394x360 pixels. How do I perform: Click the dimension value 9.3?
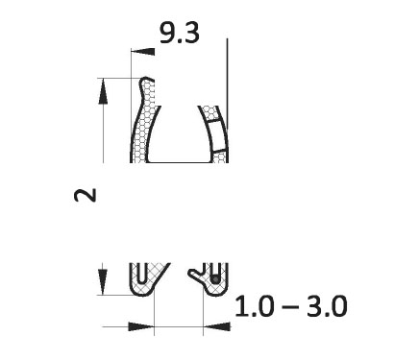[180, 33]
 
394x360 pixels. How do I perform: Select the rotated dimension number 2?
[85, 195]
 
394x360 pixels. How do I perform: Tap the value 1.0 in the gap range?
[255, 306]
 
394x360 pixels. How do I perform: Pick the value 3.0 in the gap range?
[327, 306]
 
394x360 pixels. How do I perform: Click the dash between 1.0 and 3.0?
[291, 307]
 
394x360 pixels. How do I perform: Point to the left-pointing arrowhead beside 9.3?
[143, 52]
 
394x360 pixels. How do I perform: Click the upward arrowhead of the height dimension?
[103, 91]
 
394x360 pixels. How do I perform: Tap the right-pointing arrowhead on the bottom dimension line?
[141, 326]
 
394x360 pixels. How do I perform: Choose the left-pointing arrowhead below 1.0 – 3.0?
[216, 326]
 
